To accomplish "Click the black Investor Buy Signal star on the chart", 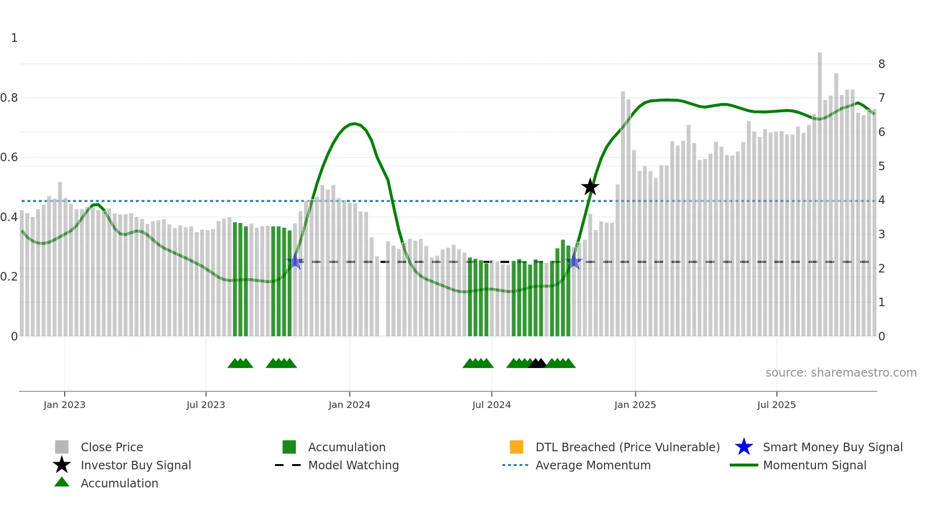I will pyautogui.click(x=590, y=187).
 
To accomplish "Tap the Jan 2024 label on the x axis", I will pyautogui.click(x=349, y=405).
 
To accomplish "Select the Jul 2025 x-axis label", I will pyautogui.click(x=776, y=405).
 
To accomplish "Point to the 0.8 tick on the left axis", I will pyautogui.click(x=9, y=98).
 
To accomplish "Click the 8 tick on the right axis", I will pyautogui.click(x=881, y=64).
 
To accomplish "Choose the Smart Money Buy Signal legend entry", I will pyautogui.click(x=832, y=447).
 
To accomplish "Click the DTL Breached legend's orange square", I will pyautogui.click(x=516, y=447).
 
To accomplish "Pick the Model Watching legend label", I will pyautogui.click(x=353, y=465).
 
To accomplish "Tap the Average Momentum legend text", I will pyautogui.click(x=592, y=465).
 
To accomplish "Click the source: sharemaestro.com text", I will pyautogui.click(x=841, y=373).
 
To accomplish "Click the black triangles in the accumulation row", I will pyautogui.click(x=537, y=363).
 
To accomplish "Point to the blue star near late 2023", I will pyautogui.click(x=295, y=261).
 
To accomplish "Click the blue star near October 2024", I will pyautogui.click(x=574, y=261).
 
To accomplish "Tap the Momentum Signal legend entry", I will pyautogui.click(x=814, y=465).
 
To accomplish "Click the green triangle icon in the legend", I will pyautogui.click(x=62, y=482).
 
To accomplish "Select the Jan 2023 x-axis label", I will pyautogui.click(x=64, y=405).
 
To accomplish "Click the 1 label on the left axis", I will pyautogui.click(x=14, y=38).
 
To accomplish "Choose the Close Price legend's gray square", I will pyautogui.click(x=62, y=447).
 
